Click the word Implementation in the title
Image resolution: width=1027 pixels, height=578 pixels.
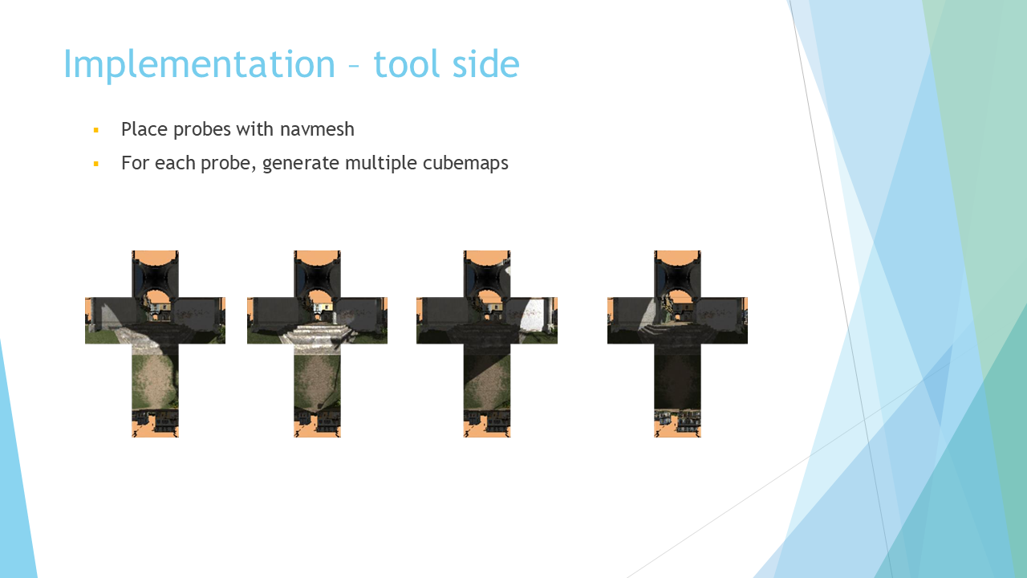200,65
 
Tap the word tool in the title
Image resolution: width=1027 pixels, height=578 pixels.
408,63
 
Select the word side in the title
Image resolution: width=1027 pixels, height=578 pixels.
486,63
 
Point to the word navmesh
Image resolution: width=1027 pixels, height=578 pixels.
317,129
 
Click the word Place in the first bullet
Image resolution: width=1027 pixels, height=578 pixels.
144,129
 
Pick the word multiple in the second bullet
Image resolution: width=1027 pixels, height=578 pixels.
380,164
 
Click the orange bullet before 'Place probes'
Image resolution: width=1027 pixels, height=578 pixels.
95,130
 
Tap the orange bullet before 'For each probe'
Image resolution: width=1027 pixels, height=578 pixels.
95,164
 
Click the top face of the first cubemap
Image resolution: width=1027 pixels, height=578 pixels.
155,274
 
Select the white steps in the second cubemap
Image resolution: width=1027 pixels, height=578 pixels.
315,336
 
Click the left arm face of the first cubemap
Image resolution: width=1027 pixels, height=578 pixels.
108,320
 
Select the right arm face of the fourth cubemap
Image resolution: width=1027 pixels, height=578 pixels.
724,320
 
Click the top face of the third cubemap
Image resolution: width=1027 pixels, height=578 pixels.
487,274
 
